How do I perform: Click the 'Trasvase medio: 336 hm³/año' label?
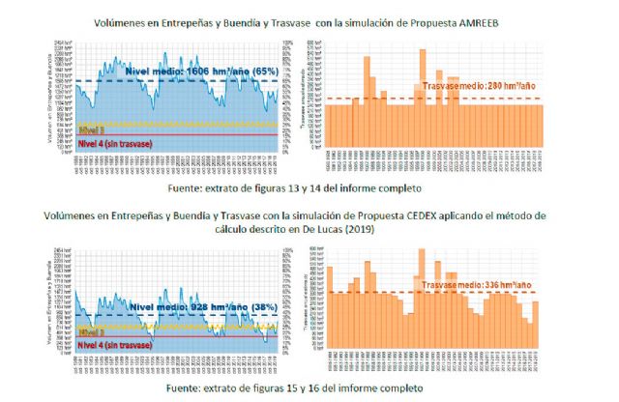click(x=479, y=286)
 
